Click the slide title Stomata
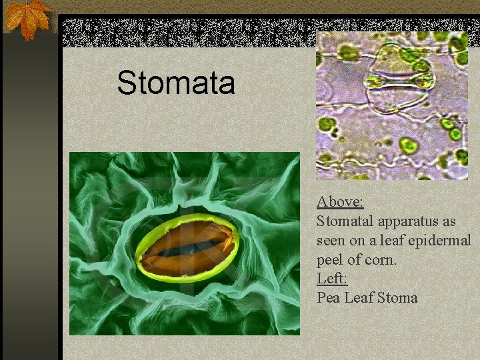(176, 83)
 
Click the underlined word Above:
(340, 201)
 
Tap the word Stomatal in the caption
(346, 221)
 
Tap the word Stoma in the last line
(397, 297)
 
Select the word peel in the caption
(330, 259)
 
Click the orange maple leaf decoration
(27, 18)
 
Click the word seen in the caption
(332, 240)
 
